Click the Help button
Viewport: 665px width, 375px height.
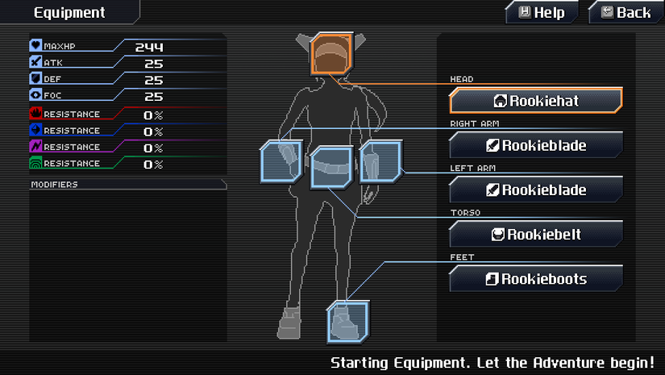(542, 12)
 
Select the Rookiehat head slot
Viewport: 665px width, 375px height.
(536, 101)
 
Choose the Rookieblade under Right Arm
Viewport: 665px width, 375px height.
(536, 145)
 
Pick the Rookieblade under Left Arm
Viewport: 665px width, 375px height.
(536, 190)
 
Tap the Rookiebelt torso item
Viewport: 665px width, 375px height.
(536, 234)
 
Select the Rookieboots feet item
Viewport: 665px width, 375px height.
(536, 279)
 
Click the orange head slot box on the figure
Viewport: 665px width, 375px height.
(331, 54)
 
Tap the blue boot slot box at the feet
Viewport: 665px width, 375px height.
(348, 322)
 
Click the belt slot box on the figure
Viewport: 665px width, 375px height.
(331, 167)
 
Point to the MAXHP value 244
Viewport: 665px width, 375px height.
(149, 47)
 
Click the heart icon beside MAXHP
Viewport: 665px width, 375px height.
(35, 45)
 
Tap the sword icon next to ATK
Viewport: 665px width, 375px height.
(35, 62)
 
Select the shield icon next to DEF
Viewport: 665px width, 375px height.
(35, 78)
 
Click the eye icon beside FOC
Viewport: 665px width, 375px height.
(35, 94)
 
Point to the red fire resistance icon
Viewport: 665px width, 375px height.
(35, 113)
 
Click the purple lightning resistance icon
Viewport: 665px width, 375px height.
(35, 146)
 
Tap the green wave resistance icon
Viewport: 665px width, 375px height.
(35, 163)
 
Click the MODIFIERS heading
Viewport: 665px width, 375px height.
(54, 185)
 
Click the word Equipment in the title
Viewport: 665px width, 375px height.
(69, 13)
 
